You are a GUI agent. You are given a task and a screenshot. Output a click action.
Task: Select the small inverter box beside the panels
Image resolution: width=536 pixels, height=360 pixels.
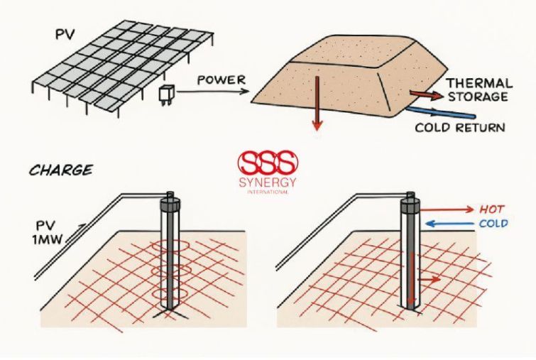pos(166,94)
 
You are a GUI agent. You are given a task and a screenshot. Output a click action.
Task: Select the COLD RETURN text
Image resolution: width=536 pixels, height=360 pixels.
pos(460,128)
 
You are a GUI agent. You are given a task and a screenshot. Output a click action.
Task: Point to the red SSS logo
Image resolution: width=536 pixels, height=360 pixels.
pos(267,163)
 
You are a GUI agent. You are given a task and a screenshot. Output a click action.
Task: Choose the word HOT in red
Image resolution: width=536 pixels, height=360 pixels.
pos(492,209)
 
